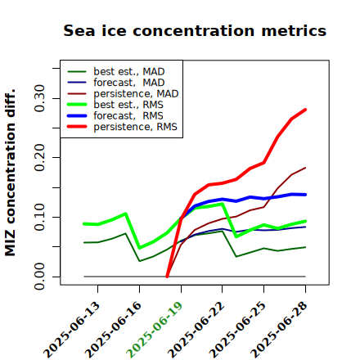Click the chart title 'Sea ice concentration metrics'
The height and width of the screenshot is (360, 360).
(195, 30)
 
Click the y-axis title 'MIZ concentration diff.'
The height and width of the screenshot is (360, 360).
(10, 173)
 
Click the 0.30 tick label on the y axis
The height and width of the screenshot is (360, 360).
(40, 98)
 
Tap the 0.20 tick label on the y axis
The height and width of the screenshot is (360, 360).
(40, 157)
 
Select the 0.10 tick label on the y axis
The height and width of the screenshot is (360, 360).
(40, 217)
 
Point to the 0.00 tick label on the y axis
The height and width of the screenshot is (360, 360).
(40, 277)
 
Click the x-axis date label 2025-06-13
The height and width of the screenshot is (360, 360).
(71, 331)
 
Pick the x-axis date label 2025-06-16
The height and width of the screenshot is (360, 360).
(113, 331)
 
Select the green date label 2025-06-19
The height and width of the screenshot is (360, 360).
(155, 331)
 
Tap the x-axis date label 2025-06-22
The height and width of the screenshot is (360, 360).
(196, 331)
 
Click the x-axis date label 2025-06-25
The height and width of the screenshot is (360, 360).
(237, 331)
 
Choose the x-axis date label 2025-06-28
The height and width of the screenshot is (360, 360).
(279, 331)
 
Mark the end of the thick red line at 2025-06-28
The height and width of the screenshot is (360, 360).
(305, 110)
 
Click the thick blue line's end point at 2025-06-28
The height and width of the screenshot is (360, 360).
(305, 195)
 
